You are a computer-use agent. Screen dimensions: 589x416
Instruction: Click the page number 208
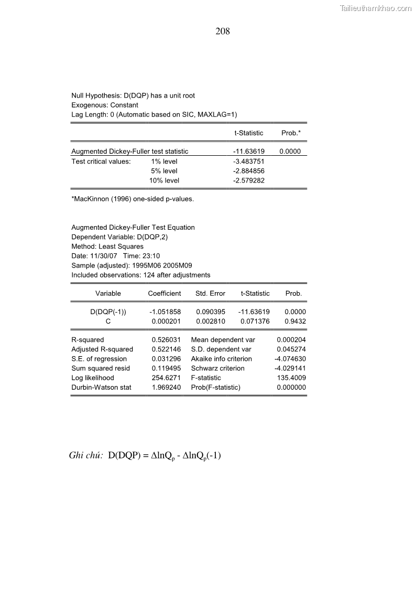[x=223, y=31]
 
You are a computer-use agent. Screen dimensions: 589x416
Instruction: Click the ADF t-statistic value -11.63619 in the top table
[x=249, y=152]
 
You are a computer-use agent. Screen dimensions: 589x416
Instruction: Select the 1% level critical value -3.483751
[x=249, y=162]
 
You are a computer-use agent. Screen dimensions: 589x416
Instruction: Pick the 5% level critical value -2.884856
[x=249, y=171]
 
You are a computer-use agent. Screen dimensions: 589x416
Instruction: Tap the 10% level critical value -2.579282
[x=249, y=180]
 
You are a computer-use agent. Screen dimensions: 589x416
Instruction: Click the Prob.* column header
[x=291, y=133]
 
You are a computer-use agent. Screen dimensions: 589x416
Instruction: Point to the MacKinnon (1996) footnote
[x=133, y=199]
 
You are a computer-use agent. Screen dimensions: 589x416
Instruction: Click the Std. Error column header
[x=210, y=294]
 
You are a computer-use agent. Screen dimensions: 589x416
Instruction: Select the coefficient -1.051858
[x=165, y=312]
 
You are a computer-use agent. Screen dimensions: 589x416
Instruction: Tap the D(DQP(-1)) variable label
[x=108, y=312]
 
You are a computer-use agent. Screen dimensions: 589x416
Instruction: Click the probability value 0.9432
[x=295, y=321]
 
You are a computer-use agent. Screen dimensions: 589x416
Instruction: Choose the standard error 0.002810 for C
[x=211, y=321]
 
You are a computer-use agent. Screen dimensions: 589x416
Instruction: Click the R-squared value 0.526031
[x=166, y=340]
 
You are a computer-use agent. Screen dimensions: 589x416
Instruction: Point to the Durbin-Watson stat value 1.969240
[x=166, y=388]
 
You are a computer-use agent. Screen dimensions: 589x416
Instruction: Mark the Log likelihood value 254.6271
[x=166, y=378]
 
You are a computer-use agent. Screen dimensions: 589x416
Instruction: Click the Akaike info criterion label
[x=221, y=359]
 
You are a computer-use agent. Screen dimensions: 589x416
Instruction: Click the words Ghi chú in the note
[x=85, y=455]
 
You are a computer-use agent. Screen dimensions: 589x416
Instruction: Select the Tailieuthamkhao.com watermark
[x=376, y=8]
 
